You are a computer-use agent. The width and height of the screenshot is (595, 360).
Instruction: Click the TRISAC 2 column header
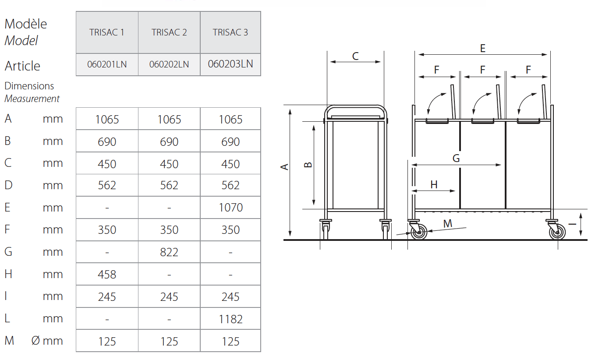(x=169, y=32)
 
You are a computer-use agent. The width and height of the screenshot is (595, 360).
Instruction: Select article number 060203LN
(x=230, y=64)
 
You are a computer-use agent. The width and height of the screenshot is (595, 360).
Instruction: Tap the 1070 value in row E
(x=230, y=207)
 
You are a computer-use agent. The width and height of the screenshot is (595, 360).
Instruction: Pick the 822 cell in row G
(x=169, y=252)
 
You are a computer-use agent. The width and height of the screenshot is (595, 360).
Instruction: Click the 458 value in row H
(x=107, y=274)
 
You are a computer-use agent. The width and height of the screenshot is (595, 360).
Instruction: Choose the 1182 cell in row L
(x=230, y=319)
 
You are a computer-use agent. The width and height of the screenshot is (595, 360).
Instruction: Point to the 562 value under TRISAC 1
(x=107, y=185)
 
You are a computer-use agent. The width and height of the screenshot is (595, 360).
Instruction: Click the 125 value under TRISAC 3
(x=230, y=342)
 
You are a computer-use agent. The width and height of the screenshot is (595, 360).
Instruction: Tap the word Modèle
(x=26, y=24)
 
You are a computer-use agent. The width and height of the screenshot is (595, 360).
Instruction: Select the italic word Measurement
(x=32, y=99)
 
